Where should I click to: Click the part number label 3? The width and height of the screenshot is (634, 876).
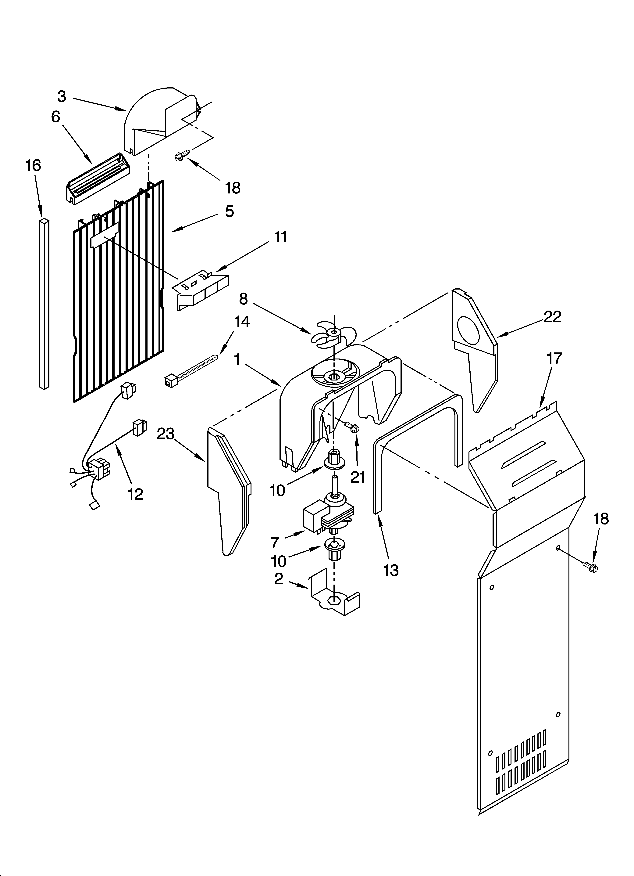pyautogui.click(x=62, y=96)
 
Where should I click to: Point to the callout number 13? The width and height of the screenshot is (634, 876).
pyautogui.click(x=391, y=571)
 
